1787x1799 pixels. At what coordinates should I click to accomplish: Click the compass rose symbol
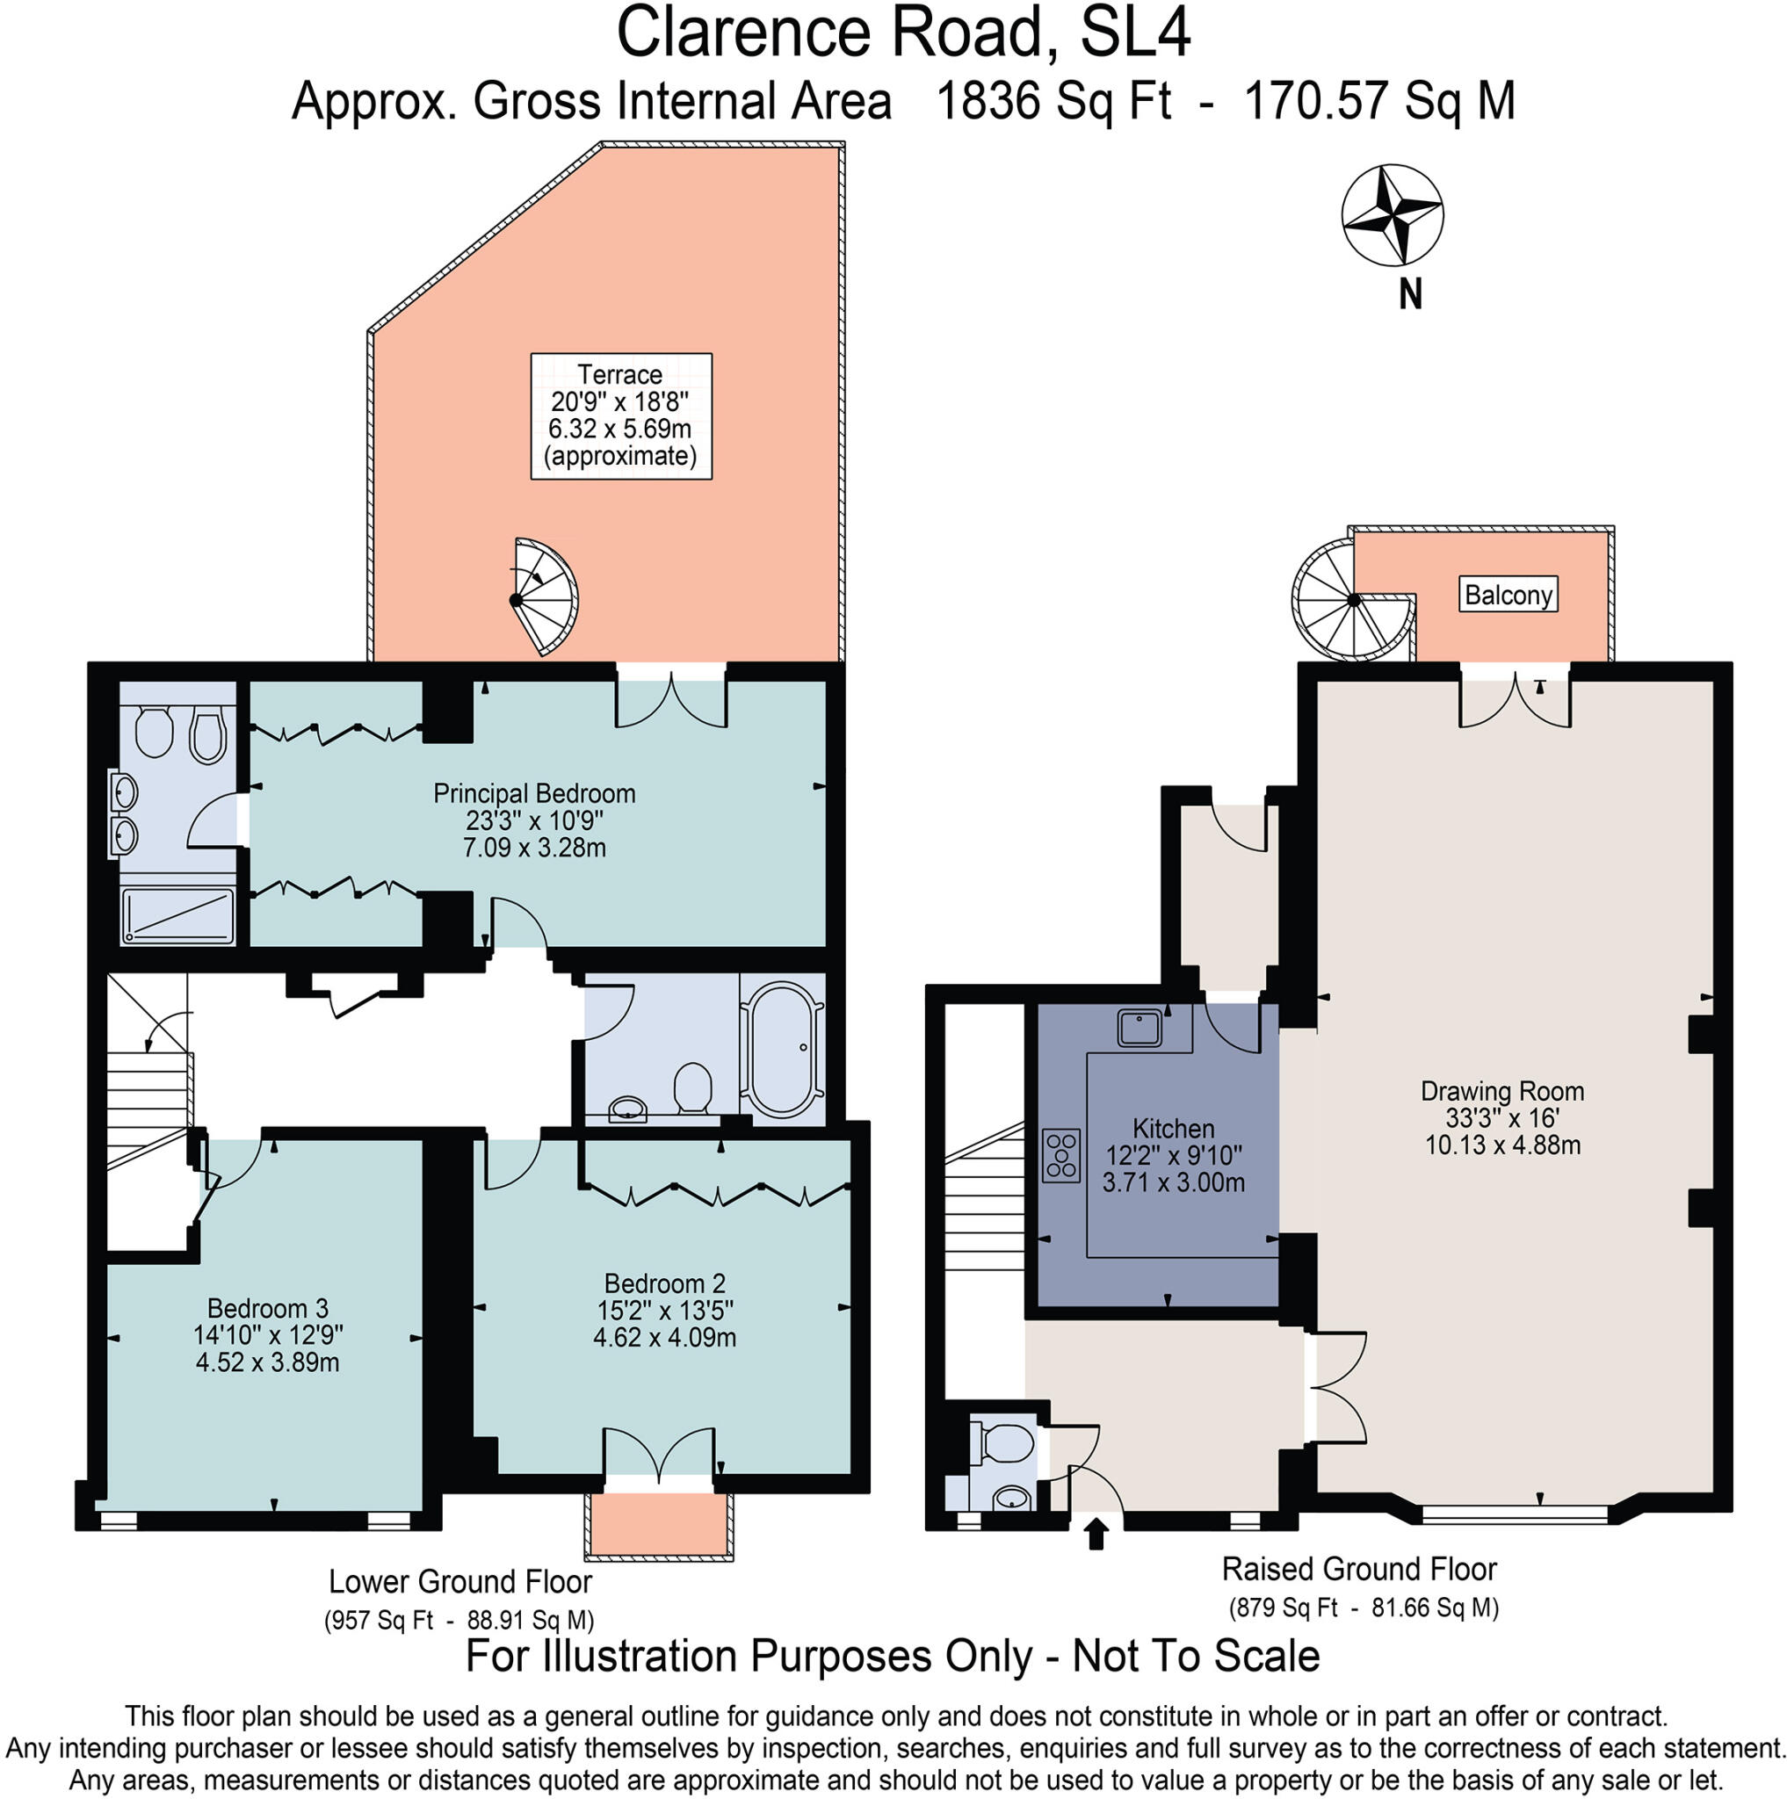click(1392, 215)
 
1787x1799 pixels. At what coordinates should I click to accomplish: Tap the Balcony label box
click(1508, 594)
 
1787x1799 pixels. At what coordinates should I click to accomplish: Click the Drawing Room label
click(1502, 1116)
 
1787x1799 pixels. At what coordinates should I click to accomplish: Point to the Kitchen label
click(1174, 1154)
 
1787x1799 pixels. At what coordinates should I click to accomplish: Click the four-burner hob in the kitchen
click(1060, 1156)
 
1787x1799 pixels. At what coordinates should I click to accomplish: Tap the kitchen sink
click(1139, 1028)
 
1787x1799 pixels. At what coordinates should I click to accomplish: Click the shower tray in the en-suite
click(177, 916)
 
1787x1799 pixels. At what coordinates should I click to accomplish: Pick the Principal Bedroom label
click(534, 820)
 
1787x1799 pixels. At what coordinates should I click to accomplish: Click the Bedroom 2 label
click(665, 1309)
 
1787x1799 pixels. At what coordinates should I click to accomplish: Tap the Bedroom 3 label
click(268, 1334)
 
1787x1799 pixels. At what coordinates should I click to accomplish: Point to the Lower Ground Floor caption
click(460, 1580)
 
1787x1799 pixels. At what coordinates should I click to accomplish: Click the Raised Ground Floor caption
click(1358, 1568)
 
